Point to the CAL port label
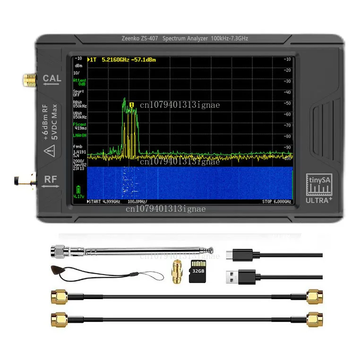[x=52, y=78]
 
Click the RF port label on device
[x=52, y=180]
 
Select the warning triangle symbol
[x=50, y=151]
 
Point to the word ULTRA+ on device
[x=320, y=199]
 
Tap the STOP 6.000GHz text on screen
[x=277, y=202]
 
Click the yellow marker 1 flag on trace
[x=132, y=104]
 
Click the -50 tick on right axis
[x=287, y=103]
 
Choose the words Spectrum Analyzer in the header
[x=185, y=38]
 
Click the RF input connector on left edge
[x=21, y=180]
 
